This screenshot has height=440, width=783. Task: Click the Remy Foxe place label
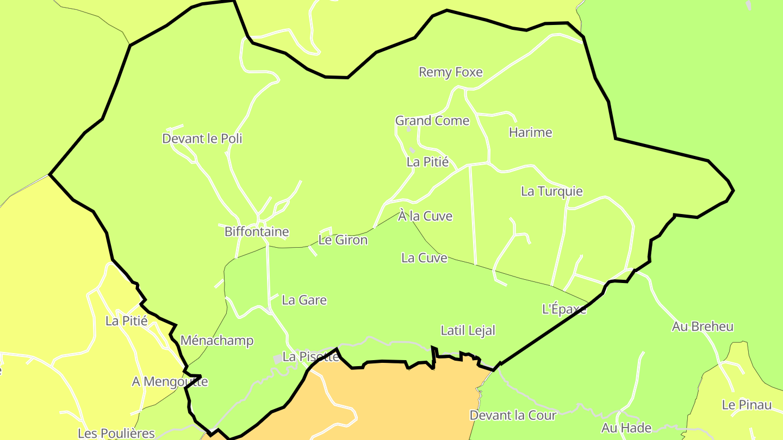click(x=450, y=72)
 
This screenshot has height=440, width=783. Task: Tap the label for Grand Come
click(x=432, y=121)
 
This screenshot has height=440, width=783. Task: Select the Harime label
click(x=530, y=133)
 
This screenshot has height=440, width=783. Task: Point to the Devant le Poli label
click(x=202, y=139)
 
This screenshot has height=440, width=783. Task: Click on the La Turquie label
click(x=551, y=191)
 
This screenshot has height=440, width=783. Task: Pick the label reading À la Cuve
click(x=425, y=216)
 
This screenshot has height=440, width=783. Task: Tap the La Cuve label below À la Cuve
click(x=424, y=258)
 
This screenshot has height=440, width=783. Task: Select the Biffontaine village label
click(x=257, y=232)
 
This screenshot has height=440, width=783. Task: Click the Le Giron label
click(x=343, y=240)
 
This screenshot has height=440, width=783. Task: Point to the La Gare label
click(x=304, y=300)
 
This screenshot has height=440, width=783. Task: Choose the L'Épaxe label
click(x=564, y=309)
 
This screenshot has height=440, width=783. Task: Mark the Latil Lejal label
click(x=468, y=330)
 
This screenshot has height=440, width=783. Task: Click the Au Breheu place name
click(x=703, y=326)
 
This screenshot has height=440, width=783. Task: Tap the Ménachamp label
click(x=216, y=341)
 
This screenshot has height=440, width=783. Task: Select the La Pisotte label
click(x=311, y=357)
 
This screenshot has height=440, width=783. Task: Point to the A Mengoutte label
click(x=170, y=382)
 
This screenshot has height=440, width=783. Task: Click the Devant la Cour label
click(x=513, y=416)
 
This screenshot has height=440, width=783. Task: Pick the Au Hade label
click(x=626, y=428)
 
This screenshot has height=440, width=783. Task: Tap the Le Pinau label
click(x=747, y=405)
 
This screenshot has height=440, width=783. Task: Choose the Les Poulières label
click(x=116, y=433)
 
